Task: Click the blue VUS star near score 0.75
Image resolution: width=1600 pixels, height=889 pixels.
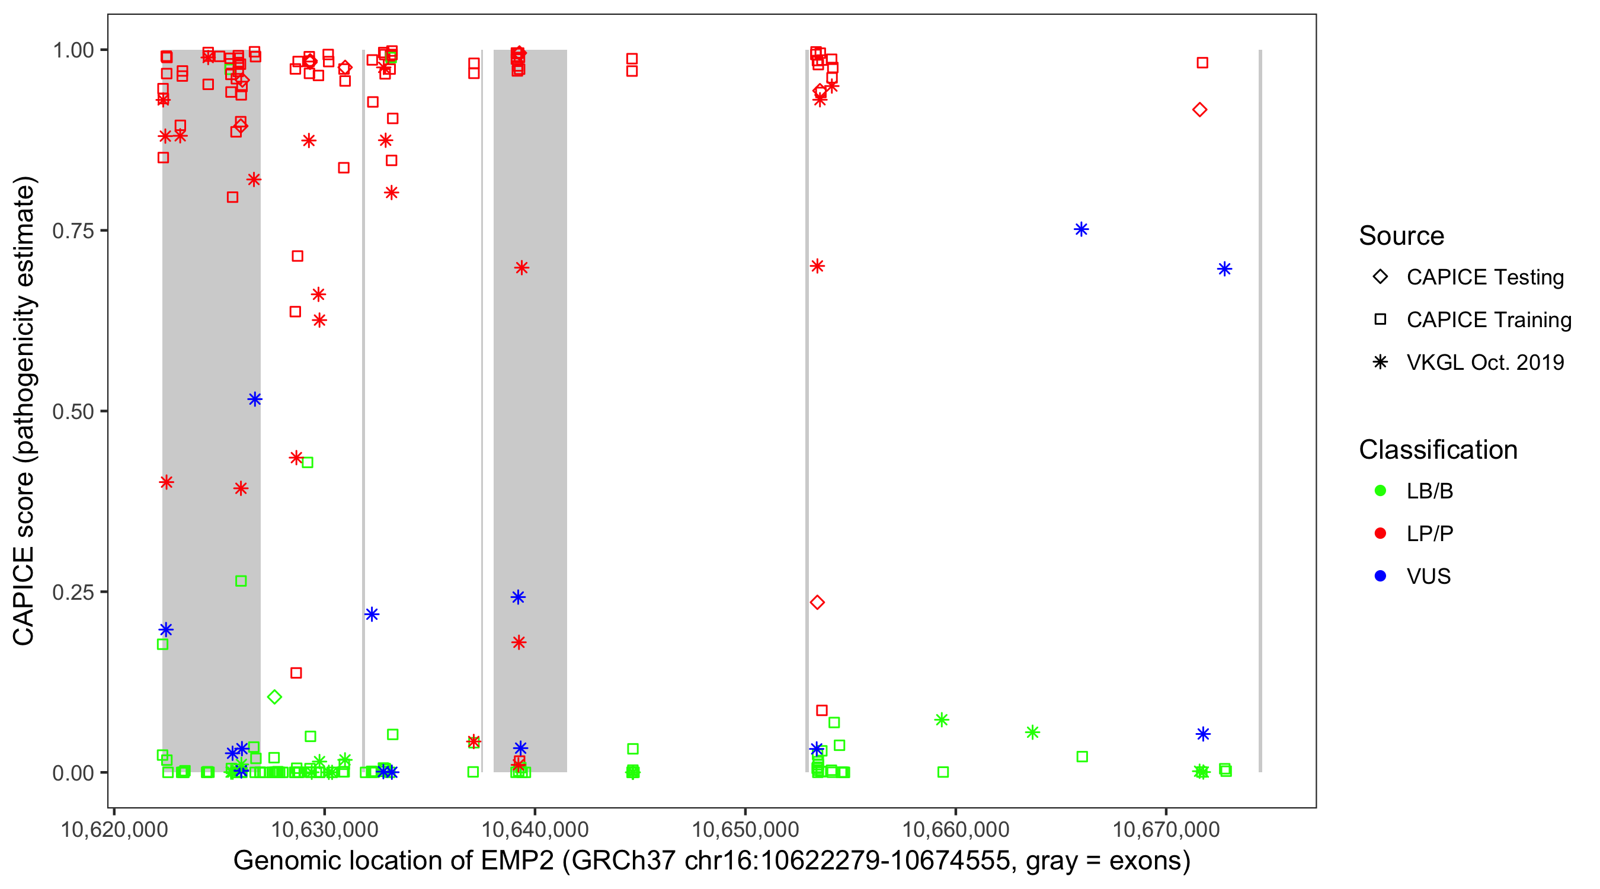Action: [1081, 229]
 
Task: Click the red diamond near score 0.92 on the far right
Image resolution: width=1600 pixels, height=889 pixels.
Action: [1199, 110]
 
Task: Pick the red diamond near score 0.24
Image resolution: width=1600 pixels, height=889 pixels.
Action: [817, 602]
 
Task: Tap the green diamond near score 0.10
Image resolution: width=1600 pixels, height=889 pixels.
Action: [274, 696]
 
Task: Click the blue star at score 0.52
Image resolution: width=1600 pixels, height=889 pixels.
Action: [255, 399]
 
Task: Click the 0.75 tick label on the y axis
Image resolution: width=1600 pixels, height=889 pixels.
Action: [72, 231]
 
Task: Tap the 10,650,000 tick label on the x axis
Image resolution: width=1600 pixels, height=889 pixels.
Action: [745, 829]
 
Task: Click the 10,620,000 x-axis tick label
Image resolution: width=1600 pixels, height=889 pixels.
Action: [114, 829]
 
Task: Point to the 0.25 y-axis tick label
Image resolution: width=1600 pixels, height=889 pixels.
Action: [72, 592]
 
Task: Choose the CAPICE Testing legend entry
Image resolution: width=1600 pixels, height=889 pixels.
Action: [1484, 277]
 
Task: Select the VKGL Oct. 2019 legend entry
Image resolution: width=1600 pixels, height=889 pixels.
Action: [1484, 362]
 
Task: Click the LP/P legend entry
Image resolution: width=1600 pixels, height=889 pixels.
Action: [1429, 533]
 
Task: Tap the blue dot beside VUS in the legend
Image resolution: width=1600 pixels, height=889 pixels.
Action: [1380, 576]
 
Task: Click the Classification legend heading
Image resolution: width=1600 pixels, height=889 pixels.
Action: [1437, 450]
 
